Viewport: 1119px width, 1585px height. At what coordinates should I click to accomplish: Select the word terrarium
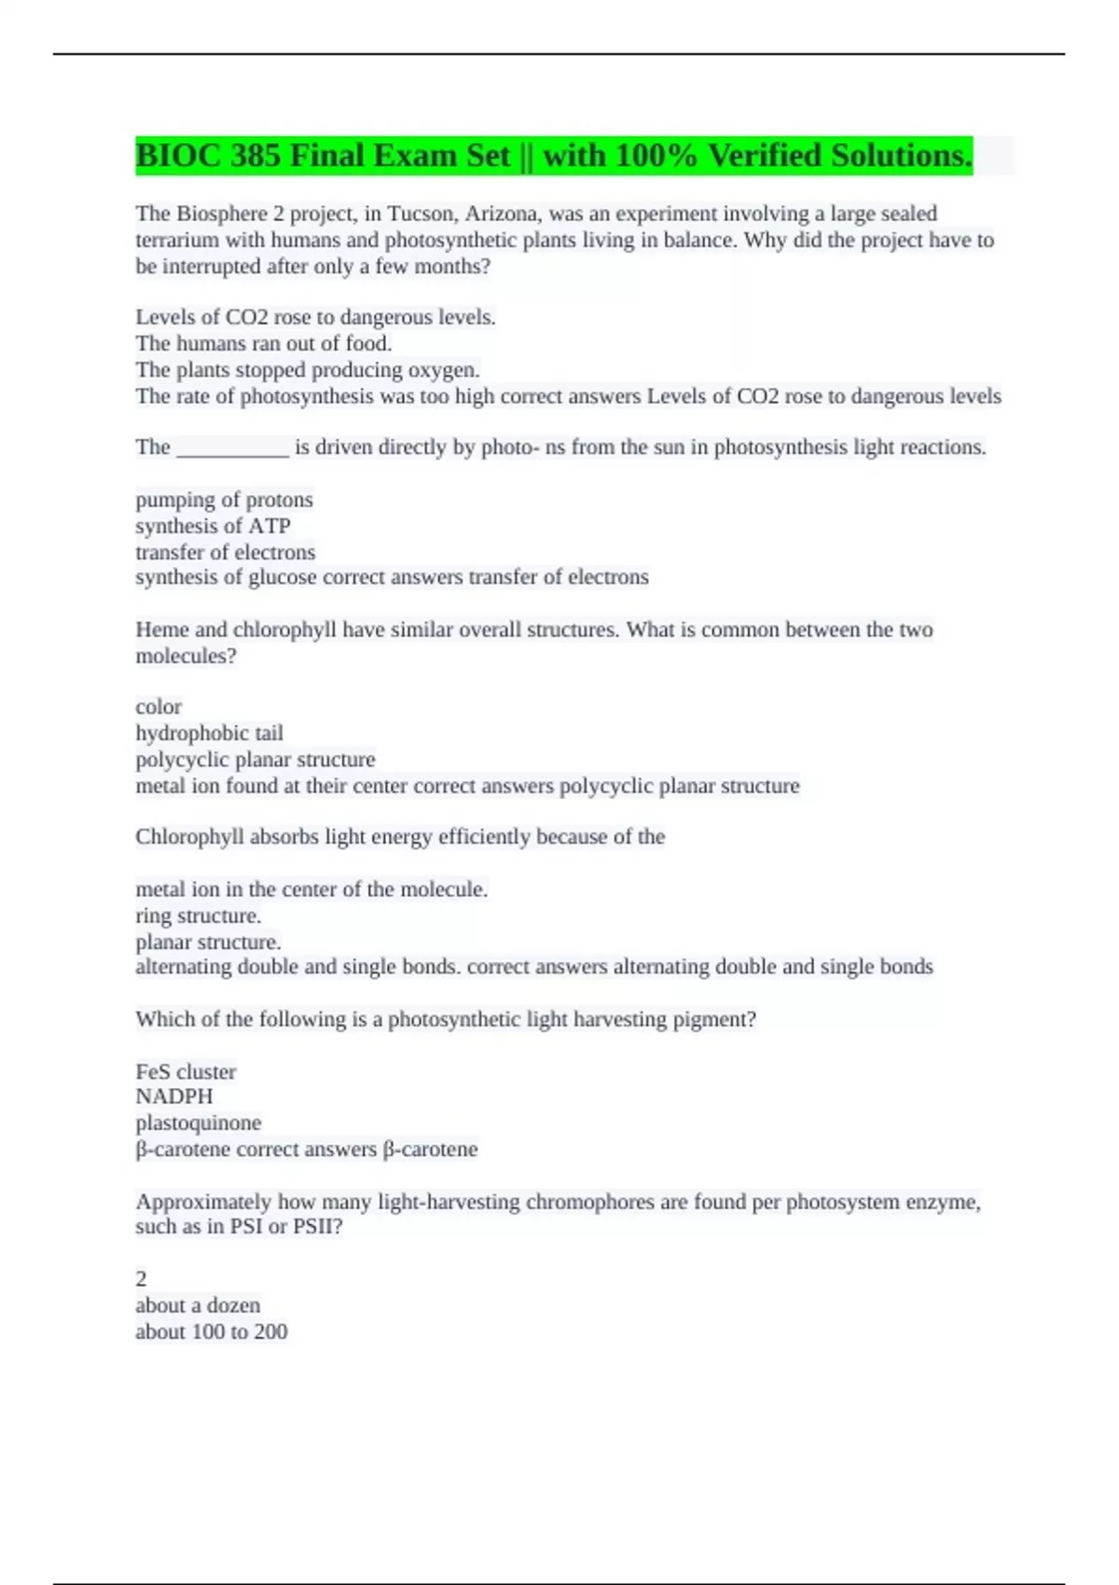(177, 240)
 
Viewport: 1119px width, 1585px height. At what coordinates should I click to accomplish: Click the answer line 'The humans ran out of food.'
(264, 343)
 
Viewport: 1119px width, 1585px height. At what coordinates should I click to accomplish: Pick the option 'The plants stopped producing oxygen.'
(308, 369)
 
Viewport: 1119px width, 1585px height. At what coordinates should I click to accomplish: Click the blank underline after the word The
(232, 448)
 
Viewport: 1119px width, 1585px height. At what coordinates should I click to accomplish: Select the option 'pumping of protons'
(224, 500)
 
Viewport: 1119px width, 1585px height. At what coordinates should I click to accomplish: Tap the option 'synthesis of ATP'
(213, 526)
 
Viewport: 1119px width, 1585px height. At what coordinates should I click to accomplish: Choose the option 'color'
(159, 707)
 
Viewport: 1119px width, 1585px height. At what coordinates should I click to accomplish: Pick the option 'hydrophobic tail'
(209, 733)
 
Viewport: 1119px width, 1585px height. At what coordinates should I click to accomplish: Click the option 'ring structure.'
(198, 916)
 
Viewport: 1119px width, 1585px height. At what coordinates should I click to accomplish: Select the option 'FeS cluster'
(186, 1071)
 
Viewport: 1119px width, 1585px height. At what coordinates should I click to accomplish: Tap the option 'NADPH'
(174, 1096)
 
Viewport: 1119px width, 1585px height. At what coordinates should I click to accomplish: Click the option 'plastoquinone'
(198, 1123)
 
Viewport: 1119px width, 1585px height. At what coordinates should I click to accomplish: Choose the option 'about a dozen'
(198, 1305)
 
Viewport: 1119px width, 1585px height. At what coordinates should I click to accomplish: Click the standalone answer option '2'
(142, 1279)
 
